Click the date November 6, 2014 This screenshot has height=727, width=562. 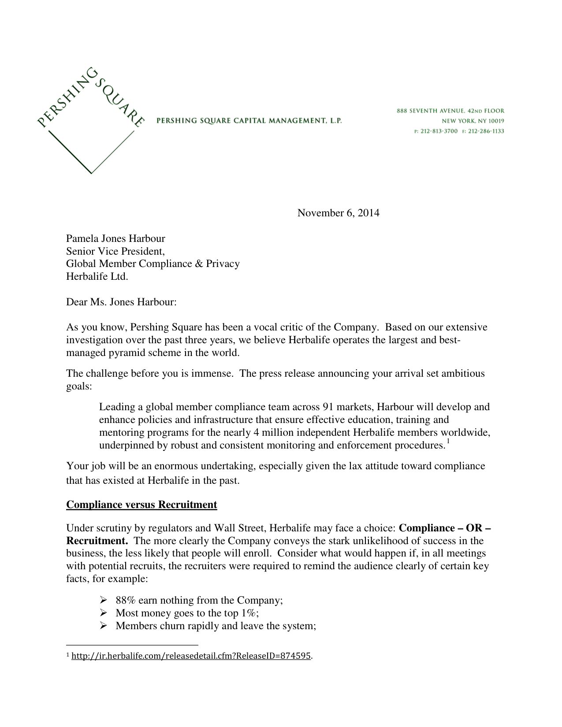(338, 213)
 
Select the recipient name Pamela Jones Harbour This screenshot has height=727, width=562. (115, 239)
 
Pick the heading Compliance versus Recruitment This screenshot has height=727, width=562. (141, 504)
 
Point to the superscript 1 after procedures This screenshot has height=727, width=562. (447, 441)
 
